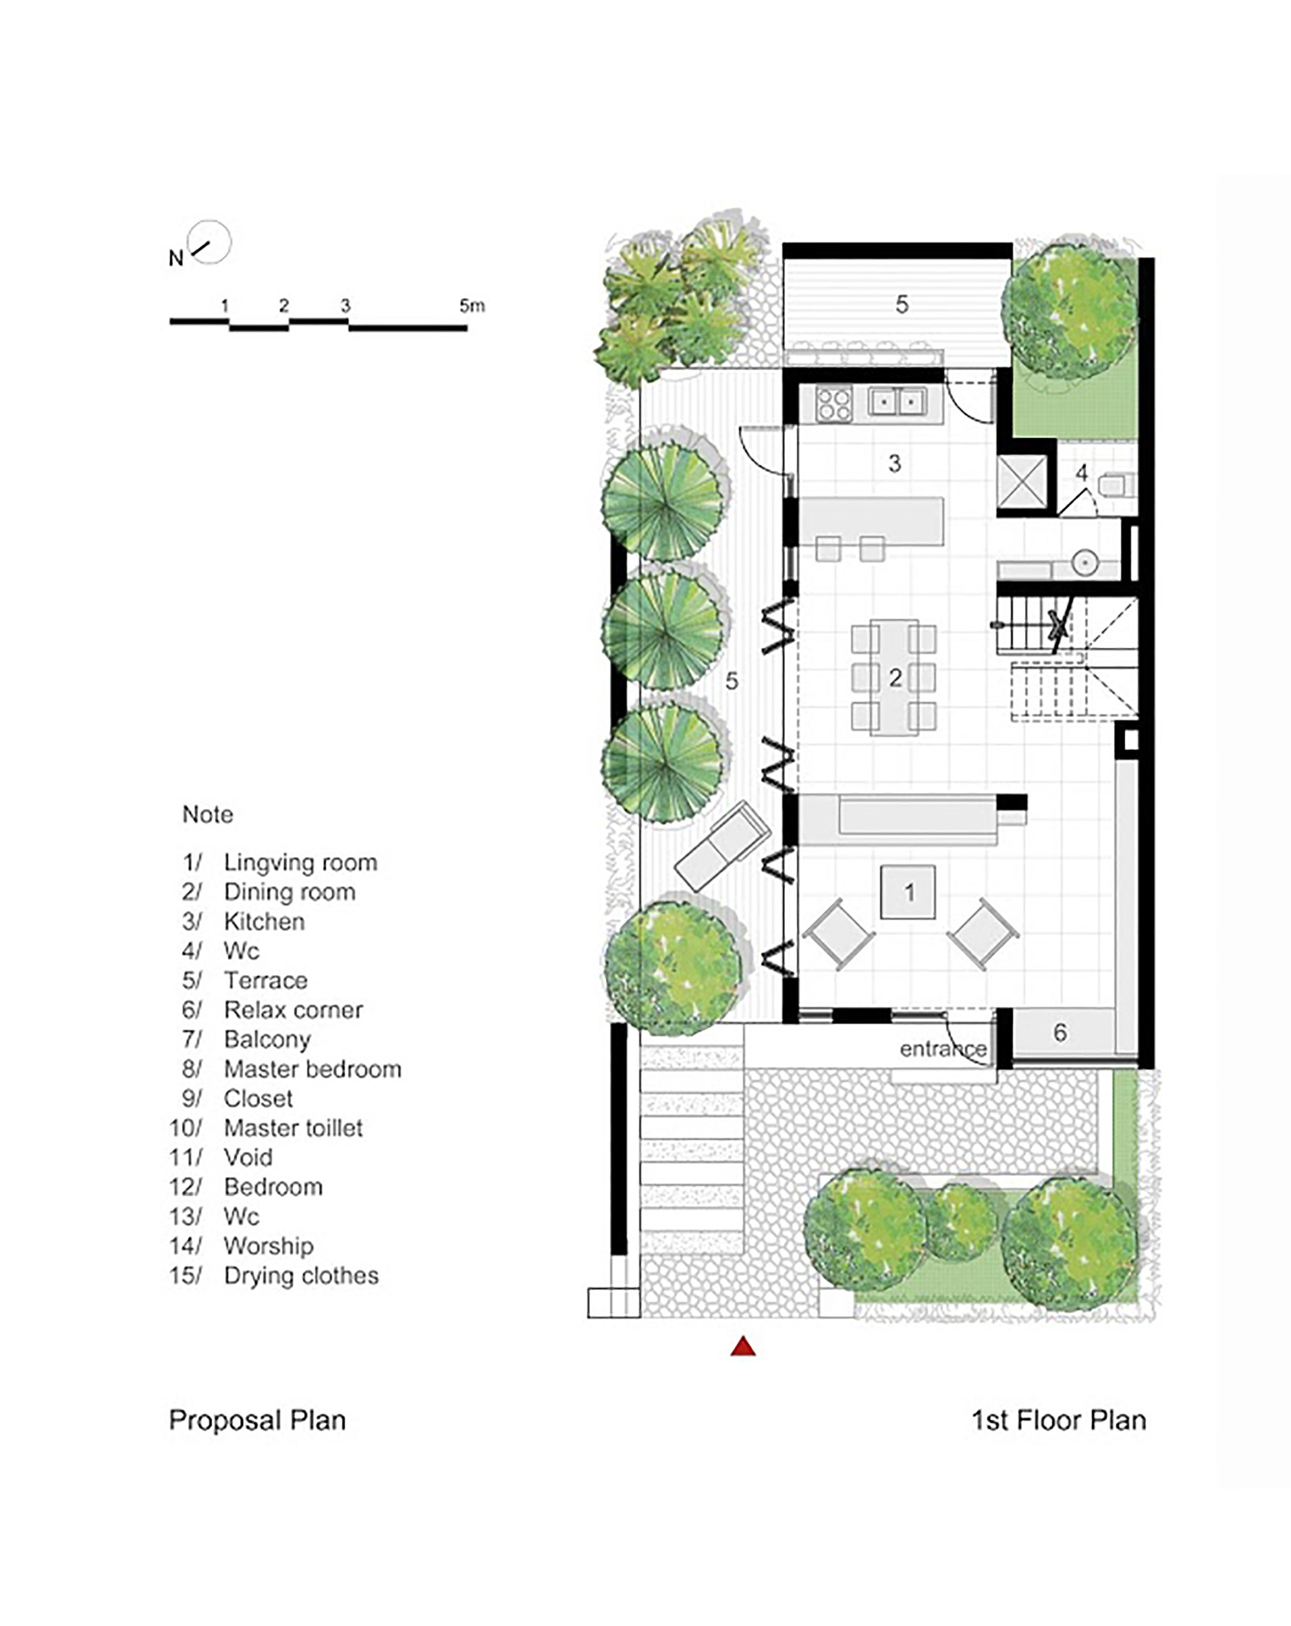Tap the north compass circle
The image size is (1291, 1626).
point(209,242)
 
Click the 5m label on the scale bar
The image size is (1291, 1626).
point(472,305)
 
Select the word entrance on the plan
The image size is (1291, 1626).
point(942,1048)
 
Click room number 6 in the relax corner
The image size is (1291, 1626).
point(1059,1033)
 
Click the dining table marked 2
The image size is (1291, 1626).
point(895,677)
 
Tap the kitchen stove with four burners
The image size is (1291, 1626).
point(834,402)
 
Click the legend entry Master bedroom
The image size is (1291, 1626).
point(312,1069)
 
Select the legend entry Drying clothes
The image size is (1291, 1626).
point(301,1275)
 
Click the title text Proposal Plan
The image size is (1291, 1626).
point(257,1420)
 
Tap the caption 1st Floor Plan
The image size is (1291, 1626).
point(1058,1420)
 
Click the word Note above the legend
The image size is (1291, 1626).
point(207,814)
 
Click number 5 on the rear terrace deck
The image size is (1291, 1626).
point(901,304)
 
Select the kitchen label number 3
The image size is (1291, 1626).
point(895,463)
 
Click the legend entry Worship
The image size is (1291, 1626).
point(269,1246)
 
